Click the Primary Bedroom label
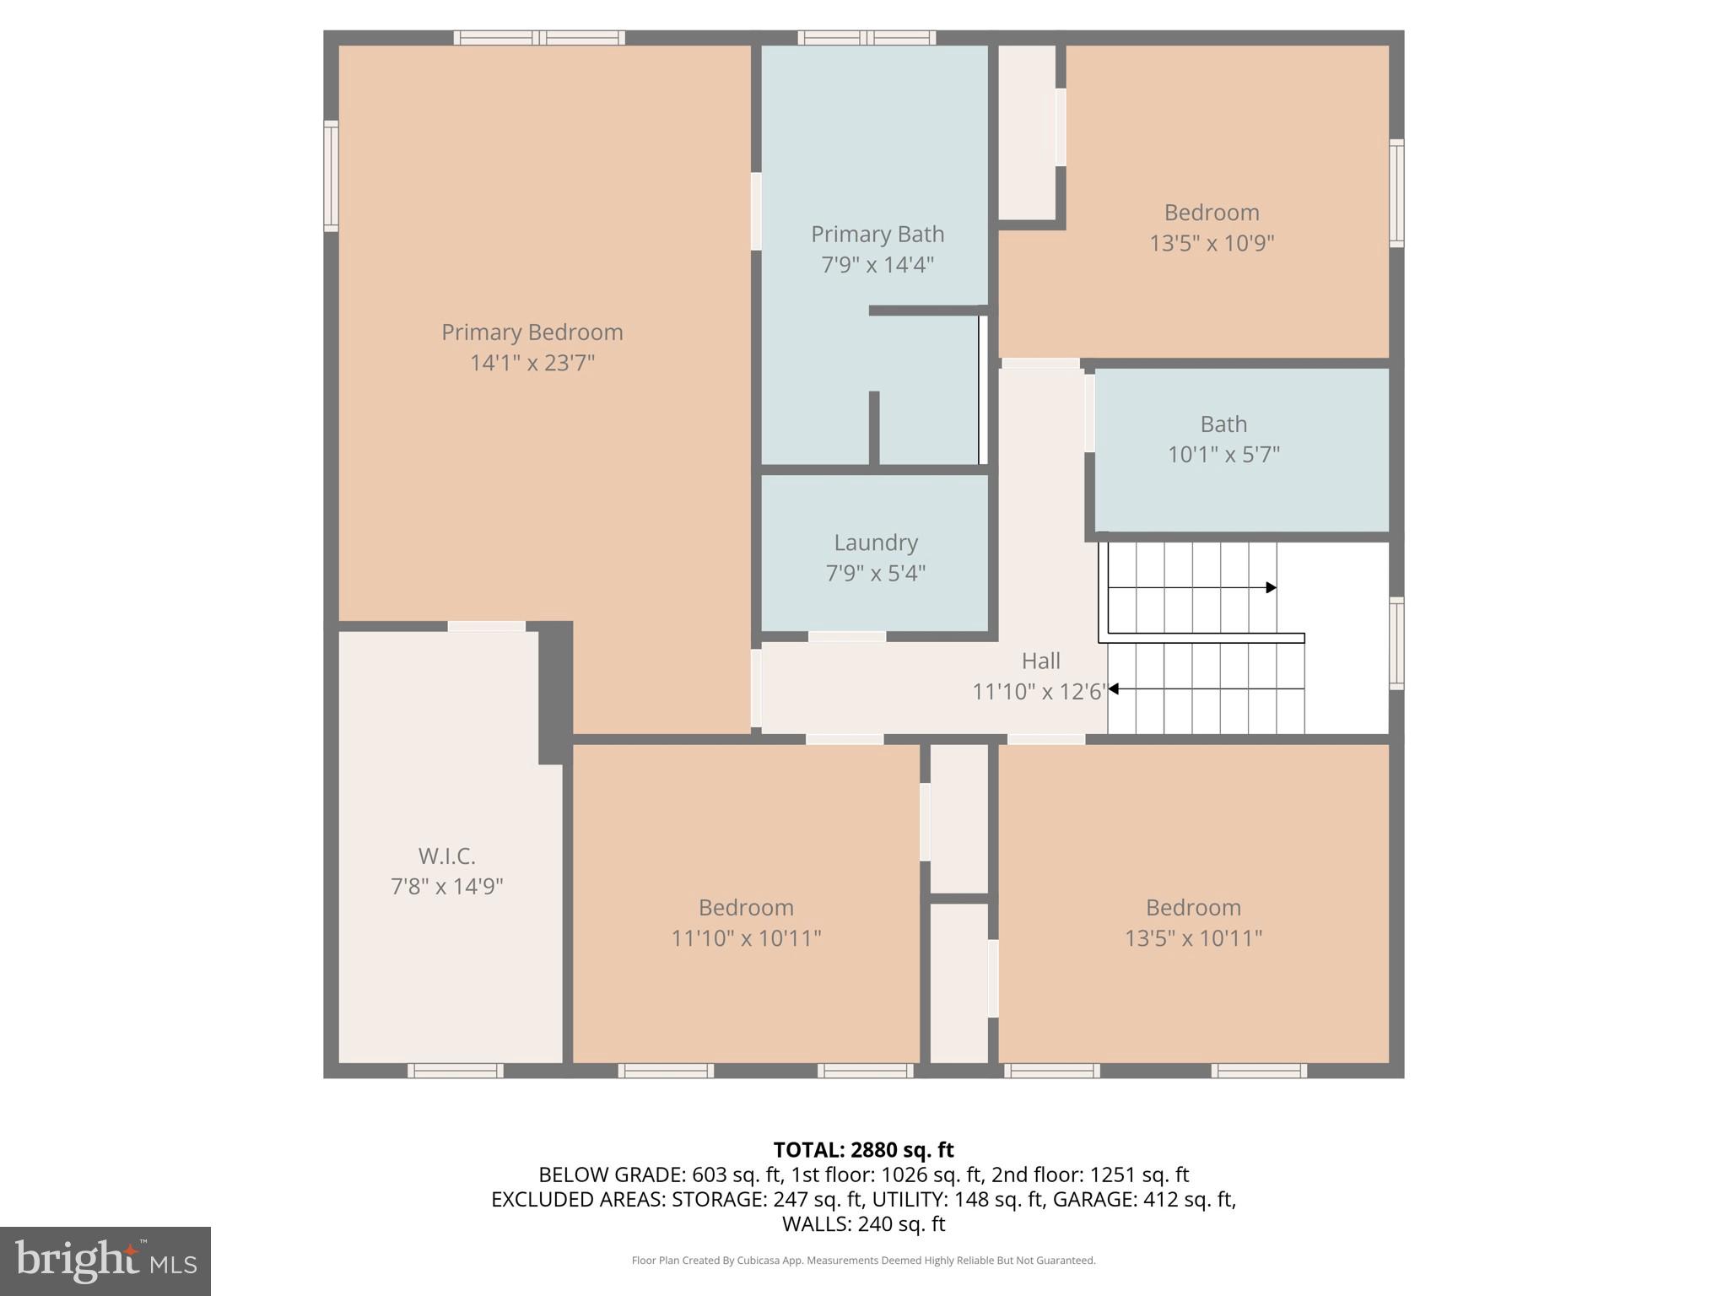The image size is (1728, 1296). click(532, 332)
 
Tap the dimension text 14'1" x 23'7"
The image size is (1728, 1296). click(532, 363)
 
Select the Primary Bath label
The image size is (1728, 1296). click(877, 234)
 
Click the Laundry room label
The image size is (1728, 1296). click(876, 543)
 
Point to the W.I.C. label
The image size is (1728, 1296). click(446, 856)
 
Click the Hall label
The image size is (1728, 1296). click(1040, 661)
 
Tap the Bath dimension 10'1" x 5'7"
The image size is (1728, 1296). click(1223, 455)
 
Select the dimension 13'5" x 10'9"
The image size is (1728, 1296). click(1212, 243)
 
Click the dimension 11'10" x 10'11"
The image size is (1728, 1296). click(746, 938)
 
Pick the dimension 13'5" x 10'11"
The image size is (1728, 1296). click(1193, 938)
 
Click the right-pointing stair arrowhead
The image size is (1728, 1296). click(1271, 587)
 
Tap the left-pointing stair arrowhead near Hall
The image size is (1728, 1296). click(1114, 688)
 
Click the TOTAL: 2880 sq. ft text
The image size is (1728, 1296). click(863, 1150)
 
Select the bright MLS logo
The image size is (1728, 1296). click(105, 1261)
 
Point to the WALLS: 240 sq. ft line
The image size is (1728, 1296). click(863, 1223)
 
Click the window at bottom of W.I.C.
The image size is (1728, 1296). click(456, 1071)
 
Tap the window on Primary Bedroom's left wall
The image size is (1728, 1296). click(332, 175)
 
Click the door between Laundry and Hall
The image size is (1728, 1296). click(847, 636)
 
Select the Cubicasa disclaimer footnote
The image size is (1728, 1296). click(863, 1261)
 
